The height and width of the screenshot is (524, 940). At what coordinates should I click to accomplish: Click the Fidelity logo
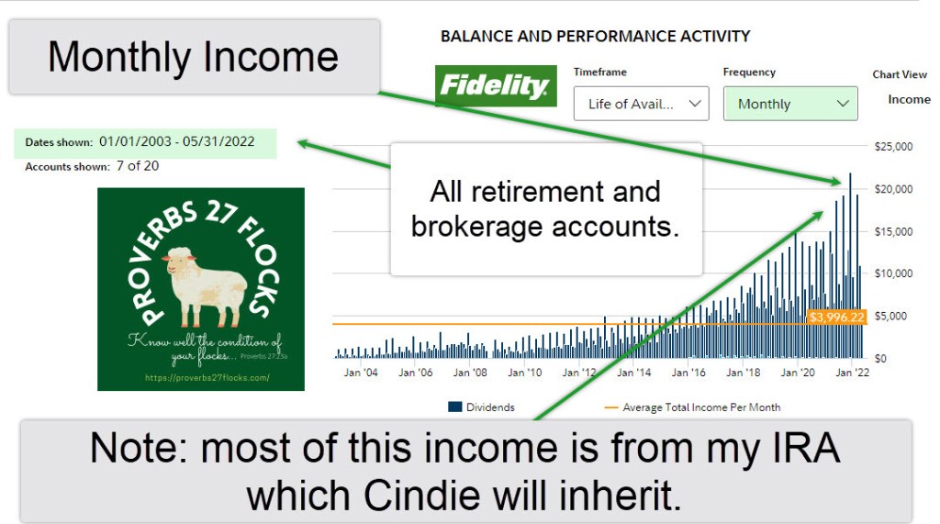coord(496,85)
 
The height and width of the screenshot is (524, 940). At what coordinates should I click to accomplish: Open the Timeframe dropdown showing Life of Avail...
coord(641,104)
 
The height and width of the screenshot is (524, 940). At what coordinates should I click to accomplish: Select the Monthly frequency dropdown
coord(790,104)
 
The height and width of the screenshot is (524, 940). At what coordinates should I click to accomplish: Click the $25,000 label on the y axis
coord(893,146)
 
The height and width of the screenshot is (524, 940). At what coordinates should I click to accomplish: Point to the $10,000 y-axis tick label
coord(893,273)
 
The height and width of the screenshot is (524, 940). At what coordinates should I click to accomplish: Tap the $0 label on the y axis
coord(880,359)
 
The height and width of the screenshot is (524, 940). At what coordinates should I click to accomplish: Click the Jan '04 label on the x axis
coord(361,373)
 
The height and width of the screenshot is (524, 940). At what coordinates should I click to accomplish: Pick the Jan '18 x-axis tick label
coord(743,373)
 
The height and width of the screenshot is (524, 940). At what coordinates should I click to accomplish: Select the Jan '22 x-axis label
coord(852,373)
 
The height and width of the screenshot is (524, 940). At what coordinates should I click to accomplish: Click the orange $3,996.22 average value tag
coord(836,317)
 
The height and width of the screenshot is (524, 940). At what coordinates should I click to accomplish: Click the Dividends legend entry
coord(481,407)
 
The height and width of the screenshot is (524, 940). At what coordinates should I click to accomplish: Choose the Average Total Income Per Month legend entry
coord(693,407)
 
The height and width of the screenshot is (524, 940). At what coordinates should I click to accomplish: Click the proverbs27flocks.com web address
coord(207,378)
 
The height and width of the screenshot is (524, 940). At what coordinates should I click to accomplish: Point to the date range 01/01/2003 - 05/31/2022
coord(177,141)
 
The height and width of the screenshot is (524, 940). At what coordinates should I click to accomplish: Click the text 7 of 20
coord(138,166)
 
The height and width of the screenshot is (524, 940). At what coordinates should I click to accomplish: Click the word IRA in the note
coord(806,448)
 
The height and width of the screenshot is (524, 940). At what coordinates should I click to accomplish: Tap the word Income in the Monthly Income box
coord(271,57)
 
